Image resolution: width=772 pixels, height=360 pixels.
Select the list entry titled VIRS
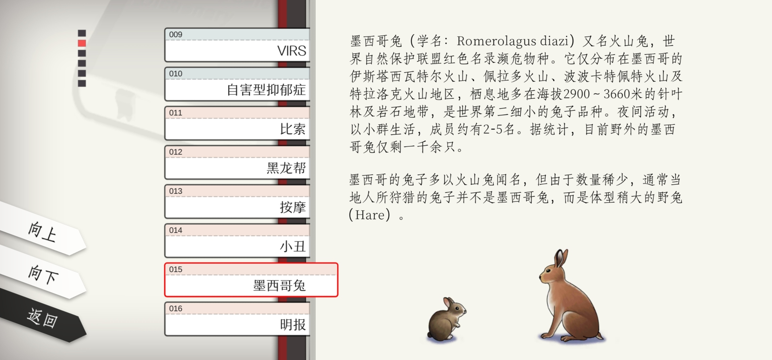tap(237, 45)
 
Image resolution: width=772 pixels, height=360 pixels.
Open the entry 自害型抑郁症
tap(237, 84)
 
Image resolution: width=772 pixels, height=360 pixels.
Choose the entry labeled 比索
tap(237, 123)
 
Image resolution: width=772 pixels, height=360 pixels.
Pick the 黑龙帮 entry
tap(237, 162)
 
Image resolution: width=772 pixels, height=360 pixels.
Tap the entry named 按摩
tap(237, 201)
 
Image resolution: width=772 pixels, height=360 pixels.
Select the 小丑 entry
tap(237, 241)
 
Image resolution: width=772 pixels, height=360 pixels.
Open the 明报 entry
tap(237, 319)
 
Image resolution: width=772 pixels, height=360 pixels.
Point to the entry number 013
tap(176, 191)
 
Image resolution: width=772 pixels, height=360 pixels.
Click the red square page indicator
tap(82, 43)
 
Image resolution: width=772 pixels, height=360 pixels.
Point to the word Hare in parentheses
tap(370, 215)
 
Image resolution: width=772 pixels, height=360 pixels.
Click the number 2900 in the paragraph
tap(577, 94)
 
